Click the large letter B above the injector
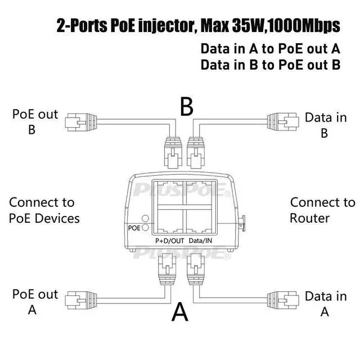[187, 105]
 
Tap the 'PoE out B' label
[35, 121]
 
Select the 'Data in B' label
[326, 125]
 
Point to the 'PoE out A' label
[35, 301]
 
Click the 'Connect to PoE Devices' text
[44, 210]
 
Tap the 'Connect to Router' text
[322, 210]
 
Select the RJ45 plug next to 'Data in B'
[287, 120]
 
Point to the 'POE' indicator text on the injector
[134, 228]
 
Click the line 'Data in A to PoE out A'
[270, 48]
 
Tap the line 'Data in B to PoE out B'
[270, 64]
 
